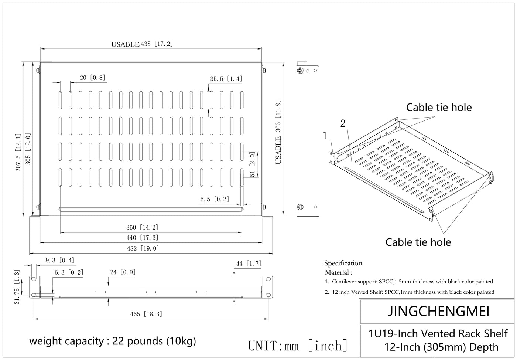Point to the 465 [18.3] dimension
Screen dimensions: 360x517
[x=146, y=314]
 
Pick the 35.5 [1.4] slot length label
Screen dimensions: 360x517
[x=226, y=79]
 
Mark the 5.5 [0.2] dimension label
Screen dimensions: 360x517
[x=215, y=199]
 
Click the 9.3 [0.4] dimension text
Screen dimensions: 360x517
[x=60, y=261]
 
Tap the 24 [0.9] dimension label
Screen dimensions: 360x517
[x=123, y=272]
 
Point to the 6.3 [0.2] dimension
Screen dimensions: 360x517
[x=69, y=272]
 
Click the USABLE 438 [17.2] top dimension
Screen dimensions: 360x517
[x=142, y=44]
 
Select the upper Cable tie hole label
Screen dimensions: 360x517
[x=439, y=107]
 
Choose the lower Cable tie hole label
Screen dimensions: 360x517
[x=418, y=242]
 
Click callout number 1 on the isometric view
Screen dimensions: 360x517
[x=325, y=136]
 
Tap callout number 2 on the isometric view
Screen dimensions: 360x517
[x=343, y=123]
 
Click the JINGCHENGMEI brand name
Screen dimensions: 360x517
[x=439, y=312]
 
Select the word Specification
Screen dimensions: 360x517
[x=343, y=263]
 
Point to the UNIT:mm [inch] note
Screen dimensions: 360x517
[x=298, y=346]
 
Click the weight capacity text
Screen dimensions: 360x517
[x=113, y=340]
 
